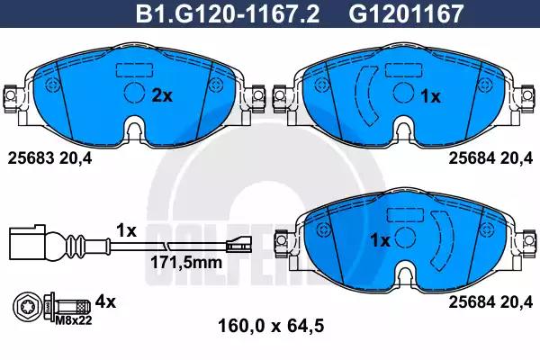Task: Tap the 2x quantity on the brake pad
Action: [161, 95]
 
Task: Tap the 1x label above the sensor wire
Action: [127, 230]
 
